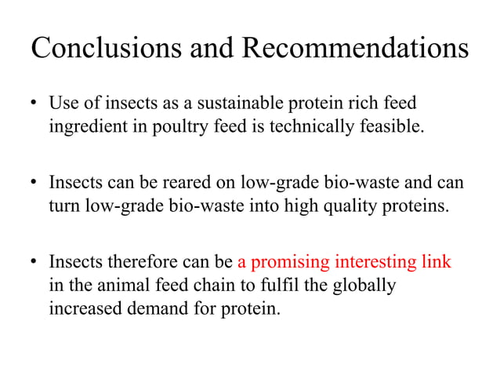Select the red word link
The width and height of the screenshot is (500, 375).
click(x=436, y=262)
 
